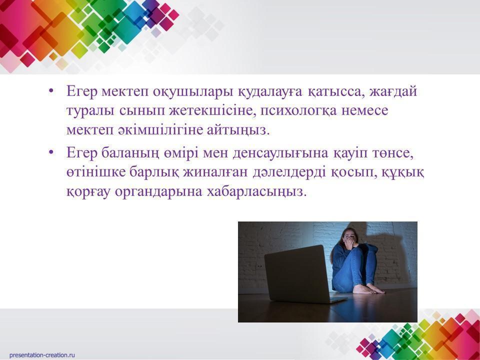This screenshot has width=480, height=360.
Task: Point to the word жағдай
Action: pyautogui.click(x=393, y=91)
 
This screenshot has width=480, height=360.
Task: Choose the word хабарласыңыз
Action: pyautogui.click(x=256, y=191)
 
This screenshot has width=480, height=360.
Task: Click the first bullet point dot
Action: pyautogui.click(x=51, y=91)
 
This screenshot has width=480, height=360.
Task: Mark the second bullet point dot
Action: pyautogui.click(x=51, y=153)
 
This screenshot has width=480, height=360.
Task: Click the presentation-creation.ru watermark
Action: pyautogui.click(x=42, y=355)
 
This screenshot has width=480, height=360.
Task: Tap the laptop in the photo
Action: pyautogui.click(x=301, y=274)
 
